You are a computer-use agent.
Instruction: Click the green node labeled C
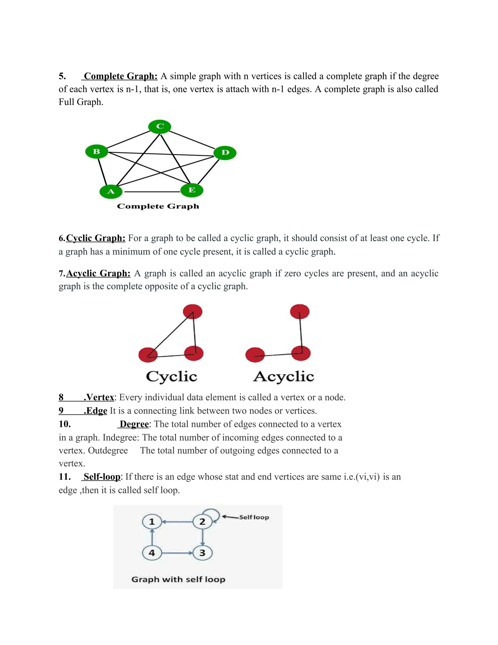pos(160,126)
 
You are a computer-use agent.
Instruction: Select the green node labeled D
pos(225,152)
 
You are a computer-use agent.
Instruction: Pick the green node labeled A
pos(111,191)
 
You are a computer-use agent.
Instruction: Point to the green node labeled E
pos(192,190)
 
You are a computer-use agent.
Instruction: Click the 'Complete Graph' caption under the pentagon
pos(158,206)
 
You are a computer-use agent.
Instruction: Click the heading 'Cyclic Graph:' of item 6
pos(96,238)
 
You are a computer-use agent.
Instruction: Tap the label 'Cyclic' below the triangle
pos(171,377)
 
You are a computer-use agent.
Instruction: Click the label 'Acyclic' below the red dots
pos(284,377)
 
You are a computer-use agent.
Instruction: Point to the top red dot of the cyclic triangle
pos(193,312)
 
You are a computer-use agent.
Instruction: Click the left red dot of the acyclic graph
pos(255,355)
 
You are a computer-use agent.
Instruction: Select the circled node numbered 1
pos(152,522)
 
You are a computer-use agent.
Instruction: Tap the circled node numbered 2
pos(202,522)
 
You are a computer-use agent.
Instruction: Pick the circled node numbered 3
pos(202,553)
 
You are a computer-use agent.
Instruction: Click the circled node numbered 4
pos(152,553)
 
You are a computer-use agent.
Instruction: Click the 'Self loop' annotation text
pos(254,517)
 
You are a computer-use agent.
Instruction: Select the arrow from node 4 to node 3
pos(177,553)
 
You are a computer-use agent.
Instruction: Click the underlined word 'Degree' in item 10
pos(134,424)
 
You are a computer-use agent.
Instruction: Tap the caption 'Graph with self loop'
pos(178,580)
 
